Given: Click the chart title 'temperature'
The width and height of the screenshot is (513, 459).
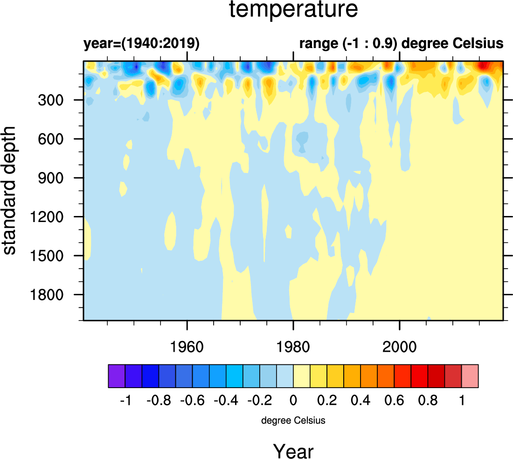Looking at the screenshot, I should coord(294,10).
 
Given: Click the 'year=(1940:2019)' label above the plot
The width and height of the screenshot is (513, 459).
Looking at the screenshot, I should coord(141,44).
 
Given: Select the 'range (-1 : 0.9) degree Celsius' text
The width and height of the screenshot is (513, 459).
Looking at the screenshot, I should coord(401,44).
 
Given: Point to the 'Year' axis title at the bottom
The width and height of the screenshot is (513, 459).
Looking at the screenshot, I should coord(293,452).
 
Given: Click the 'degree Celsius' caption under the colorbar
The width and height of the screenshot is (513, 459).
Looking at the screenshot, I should coord(293,421).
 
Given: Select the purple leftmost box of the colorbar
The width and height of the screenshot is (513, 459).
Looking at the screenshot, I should coord(117,376).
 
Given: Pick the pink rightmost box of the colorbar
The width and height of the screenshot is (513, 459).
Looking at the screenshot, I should coord(470,376).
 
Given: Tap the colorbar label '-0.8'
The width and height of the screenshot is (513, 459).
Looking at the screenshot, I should coord(159,401).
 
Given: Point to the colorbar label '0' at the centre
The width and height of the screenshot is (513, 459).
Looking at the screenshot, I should coord(293,401).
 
